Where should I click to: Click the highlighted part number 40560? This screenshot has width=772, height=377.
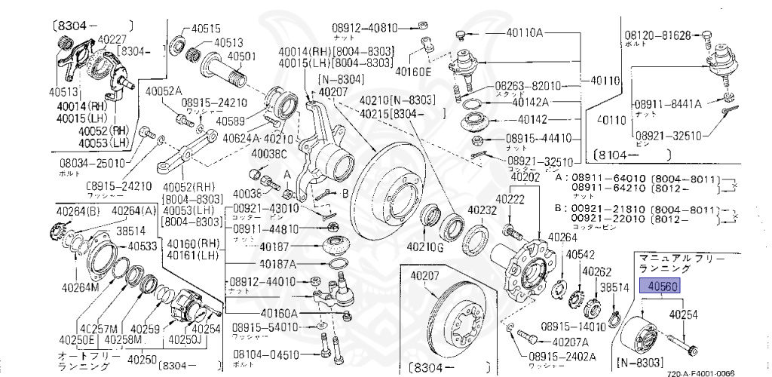660,287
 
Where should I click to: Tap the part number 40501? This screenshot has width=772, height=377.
241,56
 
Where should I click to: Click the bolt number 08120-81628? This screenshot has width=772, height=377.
657,35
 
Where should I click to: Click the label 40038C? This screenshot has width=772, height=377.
269,155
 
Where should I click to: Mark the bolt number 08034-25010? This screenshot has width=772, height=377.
92,162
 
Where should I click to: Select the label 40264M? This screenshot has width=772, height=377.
74,287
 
